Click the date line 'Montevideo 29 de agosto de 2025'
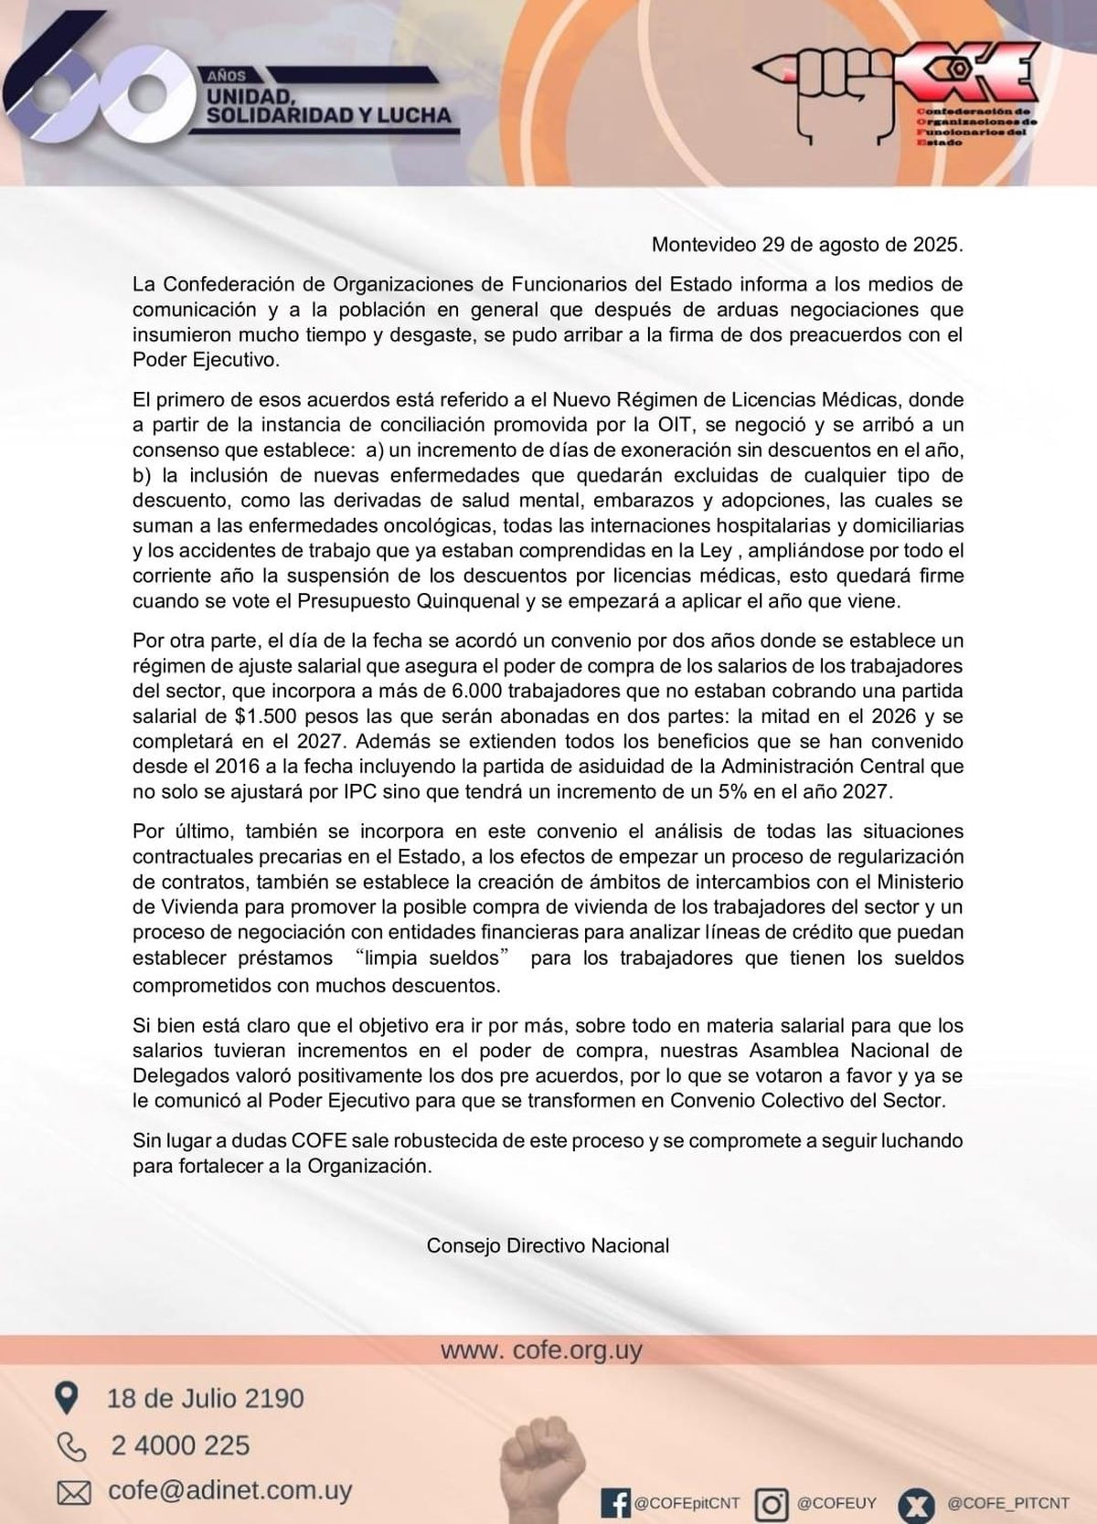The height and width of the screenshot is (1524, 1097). pyautogui.click(x=807, y=245)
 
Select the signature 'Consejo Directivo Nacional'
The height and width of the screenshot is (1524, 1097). pyautogui.click(x=548, y=1245)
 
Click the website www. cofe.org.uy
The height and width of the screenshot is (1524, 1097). pyautogui.click(x=541, y=1350)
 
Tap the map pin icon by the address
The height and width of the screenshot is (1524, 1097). pyautogui.click(x=67, y=1398)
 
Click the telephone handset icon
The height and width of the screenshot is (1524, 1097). pyautogui.click(x=70, y=1446)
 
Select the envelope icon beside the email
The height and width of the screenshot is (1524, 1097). pyautogui.click(x=73, y=1493)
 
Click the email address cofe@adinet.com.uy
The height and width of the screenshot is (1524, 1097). pyautogui.click(x=229, y=1491)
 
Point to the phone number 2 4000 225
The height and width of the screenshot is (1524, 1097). pyautogui.click(x=180, y=1445)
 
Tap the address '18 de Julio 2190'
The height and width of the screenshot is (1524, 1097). pyautogui.click(x=205, y=1398)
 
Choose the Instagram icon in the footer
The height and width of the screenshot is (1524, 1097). pyautogui.click(x=772, y=1503)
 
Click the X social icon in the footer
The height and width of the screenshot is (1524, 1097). pyautogui.click(x=916, y=1503)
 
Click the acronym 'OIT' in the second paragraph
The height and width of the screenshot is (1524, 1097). pyautogui.click(x=673, y=425)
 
